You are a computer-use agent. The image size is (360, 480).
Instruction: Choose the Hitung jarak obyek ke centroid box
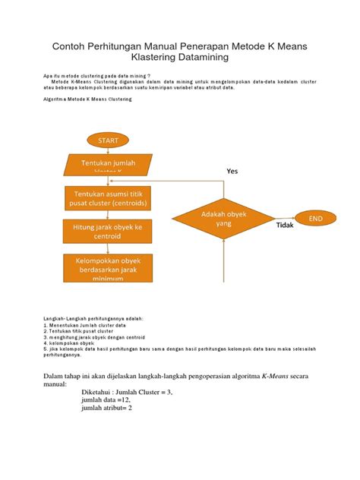pyautogui.click(x=111, y=232)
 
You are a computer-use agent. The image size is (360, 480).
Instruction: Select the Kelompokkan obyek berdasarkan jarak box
pyautogui.click(x=111, y=267)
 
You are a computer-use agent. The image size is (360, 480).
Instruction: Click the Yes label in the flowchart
pyautogui.click(x=232, y=172)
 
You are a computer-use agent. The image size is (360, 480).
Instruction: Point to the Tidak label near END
pyautogui.click(x=283, y=226)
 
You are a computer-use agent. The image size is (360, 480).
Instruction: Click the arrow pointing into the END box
pyautogui.click(x=287, y=218)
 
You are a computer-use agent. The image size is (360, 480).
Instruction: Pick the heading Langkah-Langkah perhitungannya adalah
pyautogui.click(x=93, y=318)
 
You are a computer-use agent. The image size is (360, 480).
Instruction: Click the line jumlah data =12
pyautogui.click(x=112, y=400)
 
